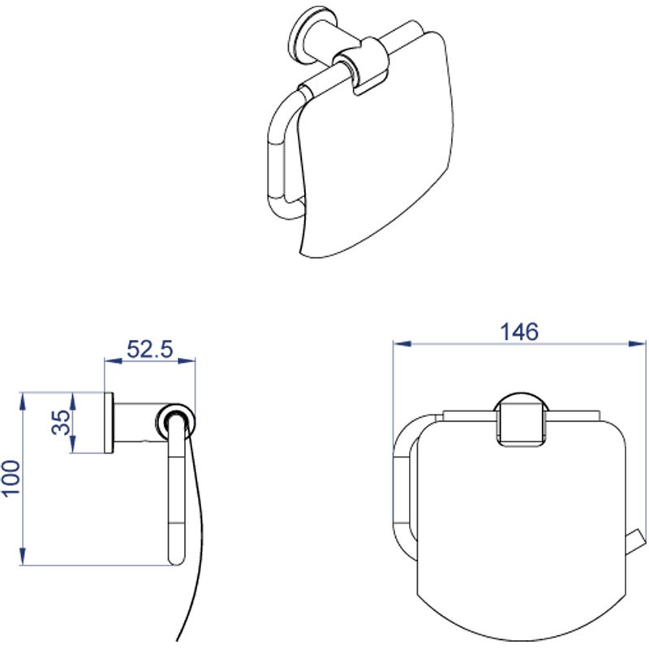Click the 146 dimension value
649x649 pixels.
pos(519,332)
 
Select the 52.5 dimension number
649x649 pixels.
pos(150,349)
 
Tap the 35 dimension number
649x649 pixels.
pos(61,422)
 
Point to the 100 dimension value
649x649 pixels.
pos(11,478)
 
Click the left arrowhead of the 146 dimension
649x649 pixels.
pos(402,343)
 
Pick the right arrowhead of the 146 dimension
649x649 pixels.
pos(637,343)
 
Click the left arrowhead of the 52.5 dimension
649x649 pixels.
pos(114,361)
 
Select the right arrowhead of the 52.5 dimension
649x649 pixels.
pos(187,361)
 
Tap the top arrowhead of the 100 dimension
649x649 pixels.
pos(23,402)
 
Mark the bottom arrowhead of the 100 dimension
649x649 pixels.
pos(23,557)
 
